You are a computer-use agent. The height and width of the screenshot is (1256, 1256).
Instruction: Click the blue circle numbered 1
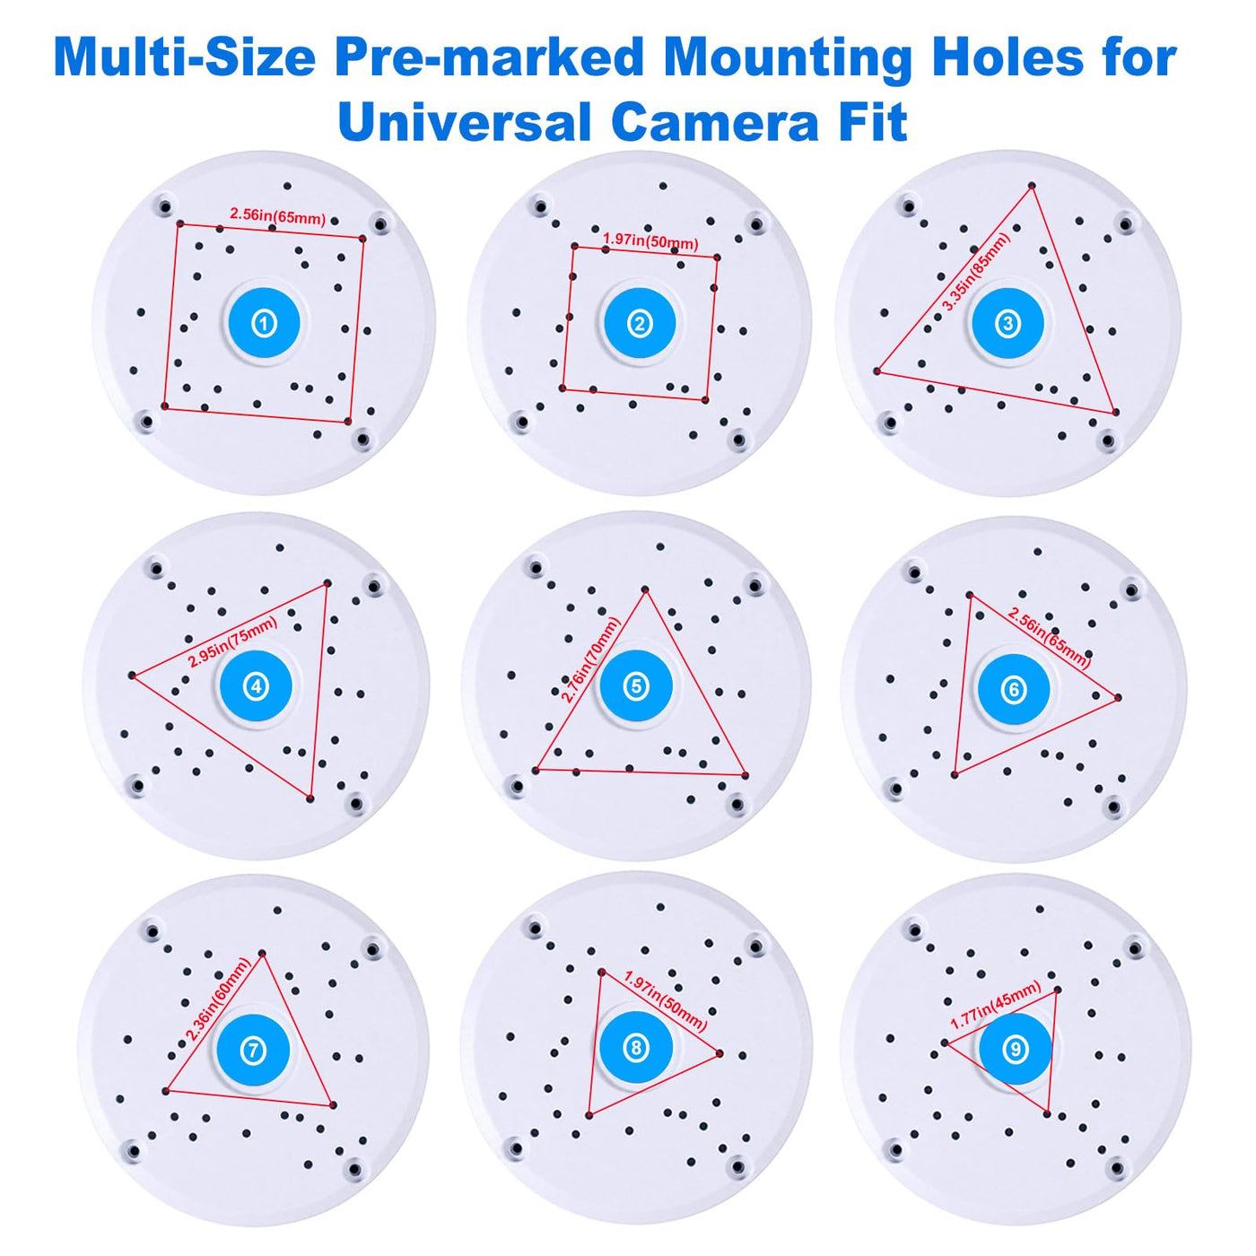click(264, 323)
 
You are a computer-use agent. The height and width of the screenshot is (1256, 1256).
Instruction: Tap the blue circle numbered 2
click(640, 323)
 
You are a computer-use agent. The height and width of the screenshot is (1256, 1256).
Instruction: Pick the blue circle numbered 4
click(256, 685)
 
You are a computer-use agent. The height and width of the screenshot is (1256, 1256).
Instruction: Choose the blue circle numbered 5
click(635, 685)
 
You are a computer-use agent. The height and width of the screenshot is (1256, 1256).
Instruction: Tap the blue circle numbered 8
click(635, 1048)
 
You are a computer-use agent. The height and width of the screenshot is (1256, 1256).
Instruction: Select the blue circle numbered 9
click(1016, 1049)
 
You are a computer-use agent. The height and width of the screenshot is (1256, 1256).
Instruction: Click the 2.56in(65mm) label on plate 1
click(277, 215)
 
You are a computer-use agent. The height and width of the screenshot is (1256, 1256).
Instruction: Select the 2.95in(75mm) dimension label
click(232, 642)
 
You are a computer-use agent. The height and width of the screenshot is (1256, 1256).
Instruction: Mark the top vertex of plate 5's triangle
click(645, 589)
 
